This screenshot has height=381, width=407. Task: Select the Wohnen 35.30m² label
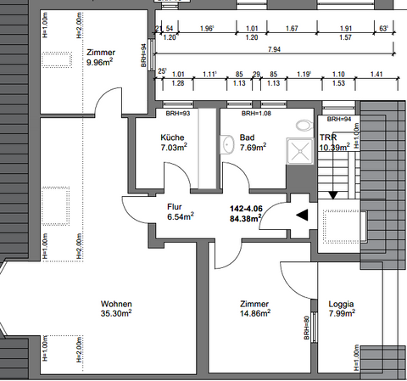click(x=116, y=308)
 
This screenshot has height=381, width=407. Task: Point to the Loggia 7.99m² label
click(x=342, y=308)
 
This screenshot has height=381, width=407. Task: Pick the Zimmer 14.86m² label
click(x=254, y=308)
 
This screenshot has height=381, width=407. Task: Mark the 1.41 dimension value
click(x=376, y=75)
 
